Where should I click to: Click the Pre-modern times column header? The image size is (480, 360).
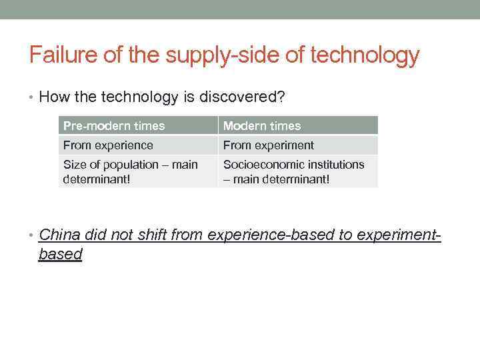click(x=114, y=125)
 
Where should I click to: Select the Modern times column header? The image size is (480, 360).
click(x=262, y=125)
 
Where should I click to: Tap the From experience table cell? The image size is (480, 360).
click(x=108, y=145)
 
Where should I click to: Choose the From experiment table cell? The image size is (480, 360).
click(x=269, y=145)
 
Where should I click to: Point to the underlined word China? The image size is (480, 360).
click(x=58, y=234)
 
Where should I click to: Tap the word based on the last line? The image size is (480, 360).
click(x=60, y=254)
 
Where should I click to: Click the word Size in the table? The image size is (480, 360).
click(x=74, y=165)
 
